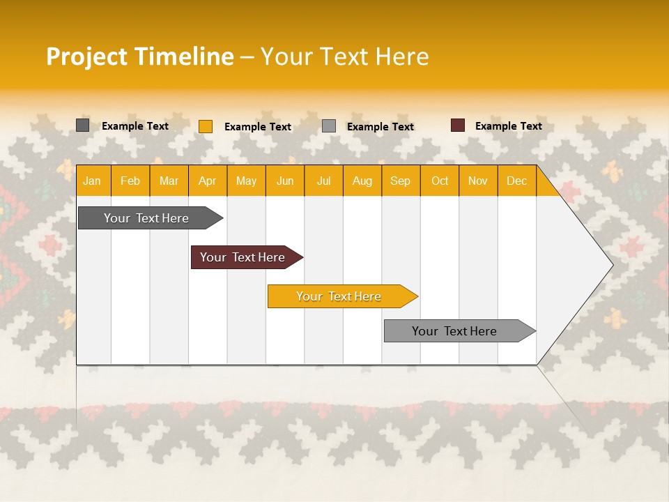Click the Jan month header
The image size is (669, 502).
click(x=92, y=181)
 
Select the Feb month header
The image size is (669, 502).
click(x=130, y=181)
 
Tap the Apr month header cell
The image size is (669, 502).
click(x=208, y=181)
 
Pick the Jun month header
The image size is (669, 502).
click(x=285, y=181)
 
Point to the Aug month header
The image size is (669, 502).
click(x=362, y=181)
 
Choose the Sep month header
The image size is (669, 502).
click(x=401, y=181)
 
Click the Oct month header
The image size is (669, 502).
click(x=440, y=181)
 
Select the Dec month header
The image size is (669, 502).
click(x=517, y=181)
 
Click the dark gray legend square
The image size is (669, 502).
click(x=83, y=125)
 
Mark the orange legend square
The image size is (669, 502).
click(x=206, y=126)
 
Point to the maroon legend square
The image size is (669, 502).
click(x=458, y=125)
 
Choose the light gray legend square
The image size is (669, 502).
click(x=329, y=126)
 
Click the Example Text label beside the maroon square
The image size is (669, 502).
click(x=509, y=126)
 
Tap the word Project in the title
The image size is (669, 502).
click(x=86, y=56)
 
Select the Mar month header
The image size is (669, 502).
click(x=169, y=181)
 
